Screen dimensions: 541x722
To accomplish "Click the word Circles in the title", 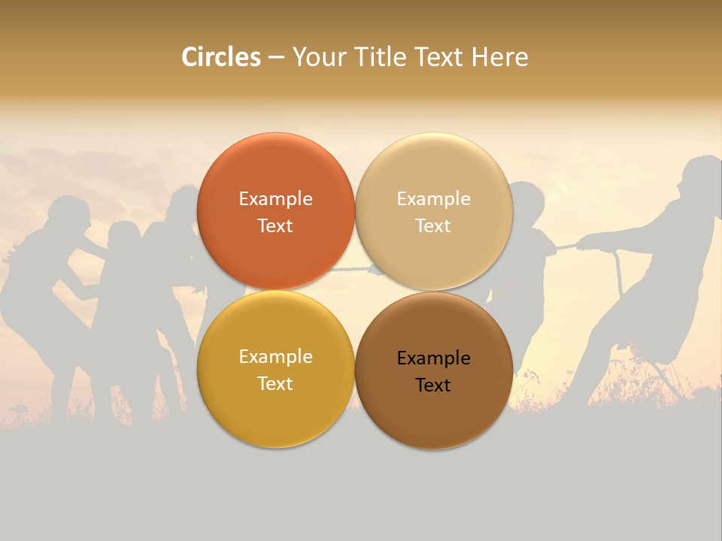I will click(x=221, y=57).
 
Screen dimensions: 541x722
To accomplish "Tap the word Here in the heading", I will click(x=499, y=57).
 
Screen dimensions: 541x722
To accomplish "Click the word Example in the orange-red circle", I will click(x=275, y=199).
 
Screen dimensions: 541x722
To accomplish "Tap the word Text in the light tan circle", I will click(x=433, y=226).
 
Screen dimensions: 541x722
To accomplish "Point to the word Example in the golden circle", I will click(x=275, y=357).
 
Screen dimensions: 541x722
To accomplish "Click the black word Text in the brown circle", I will click(x=433, y=385).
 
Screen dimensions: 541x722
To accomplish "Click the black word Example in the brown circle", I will click(x=434, y=358).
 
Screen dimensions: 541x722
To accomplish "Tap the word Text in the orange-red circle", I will click(x=275, y=226).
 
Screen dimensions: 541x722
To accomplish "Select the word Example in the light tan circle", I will click(x=434, y=199).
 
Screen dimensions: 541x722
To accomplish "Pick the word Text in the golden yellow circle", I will click(x=275, y=384).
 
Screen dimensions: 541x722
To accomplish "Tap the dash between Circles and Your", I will click(x=276, y=58).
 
